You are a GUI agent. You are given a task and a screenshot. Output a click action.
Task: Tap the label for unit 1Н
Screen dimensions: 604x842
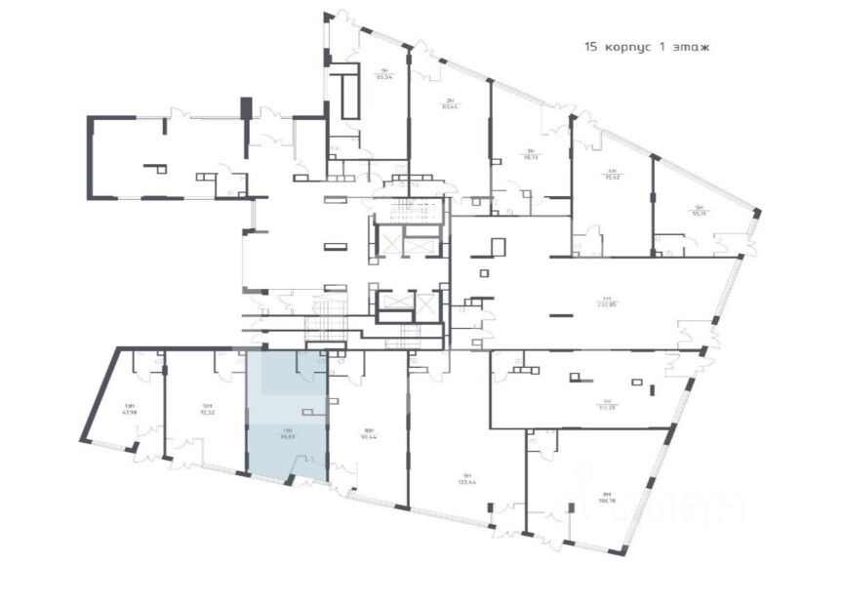[x=384, y=70]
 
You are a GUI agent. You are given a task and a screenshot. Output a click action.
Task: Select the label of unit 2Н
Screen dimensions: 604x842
[x=450, y=100]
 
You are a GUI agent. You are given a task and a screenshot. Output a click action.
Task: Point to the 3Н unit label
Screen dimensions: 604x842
[x=531, y=150]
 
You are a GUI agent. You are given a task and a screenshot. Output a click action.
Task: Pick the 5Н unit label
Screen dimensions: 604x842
[x=699, y=207]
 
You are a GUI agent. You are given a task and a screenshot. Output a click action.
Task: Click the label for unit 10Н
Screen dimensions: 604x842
[x=368, y=429]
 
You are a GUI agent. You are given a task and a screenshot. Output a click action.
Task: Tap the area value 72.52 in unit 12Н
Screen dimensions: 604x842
[x=206, y=412]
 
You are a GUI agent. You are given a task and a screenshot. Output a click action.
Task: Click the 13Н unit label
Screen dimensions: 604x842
[x=129, y=406]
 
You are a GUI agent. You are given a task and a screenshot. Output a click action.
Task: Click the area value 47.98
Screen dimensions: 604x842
[x=129, y=412]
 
